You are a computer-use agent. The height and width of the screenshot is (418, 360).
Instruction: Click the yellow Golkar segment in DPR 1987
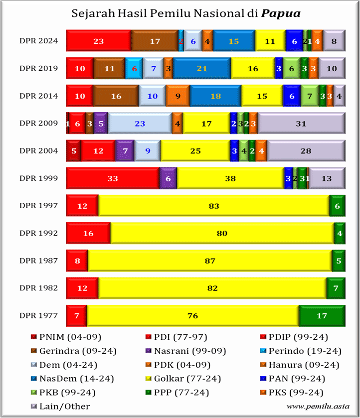pyautogui.click(x=209, y=260)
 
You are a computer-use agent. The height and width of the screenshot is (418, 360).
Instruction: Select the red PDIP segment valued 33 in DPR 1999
pyautogui.click(x=112, y=178)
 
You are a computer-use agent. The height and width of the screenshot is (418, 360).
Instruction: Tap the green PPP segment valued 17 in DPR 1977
pyautogui.click(x=322, y=315)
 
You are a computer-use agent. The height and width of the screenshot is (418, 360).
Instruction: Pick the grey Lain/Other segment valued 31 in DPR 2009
pyautogui.click(x=301, y=123)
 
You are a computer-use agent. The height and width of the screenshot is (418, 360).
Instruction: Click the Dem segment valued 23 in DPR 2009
pyautogui.click(x=140, y=123)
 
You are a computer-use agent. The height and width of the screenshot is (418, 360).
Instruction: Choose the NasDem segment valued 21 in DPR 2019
pyautogui.click(x=202, y=68)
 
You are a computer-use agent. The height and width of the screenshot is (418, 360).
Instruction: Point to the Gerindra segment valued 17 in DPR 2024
pyautogui.click(x=155, y=41)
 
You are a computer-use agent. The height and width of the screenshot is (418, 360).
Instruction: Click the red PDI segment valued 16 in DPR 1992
pyautogui.click(x=88, y=233)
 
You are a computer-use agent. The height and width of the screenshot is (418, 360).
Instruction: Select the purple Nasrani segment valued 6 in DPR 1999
pyautogui.click(x=168, y=178)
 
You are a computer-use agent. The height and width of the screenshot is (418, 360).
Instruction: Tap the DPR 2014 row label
pyautogui.click(x=39, y=96)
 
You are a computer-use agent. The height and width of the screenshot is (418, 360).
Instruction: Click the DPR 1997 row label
pyautogui.click(x=39, y=205)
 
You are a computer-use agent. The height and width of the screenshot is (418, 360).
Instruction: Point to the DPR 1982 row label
pyautogui.click(x=39, y=287)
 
